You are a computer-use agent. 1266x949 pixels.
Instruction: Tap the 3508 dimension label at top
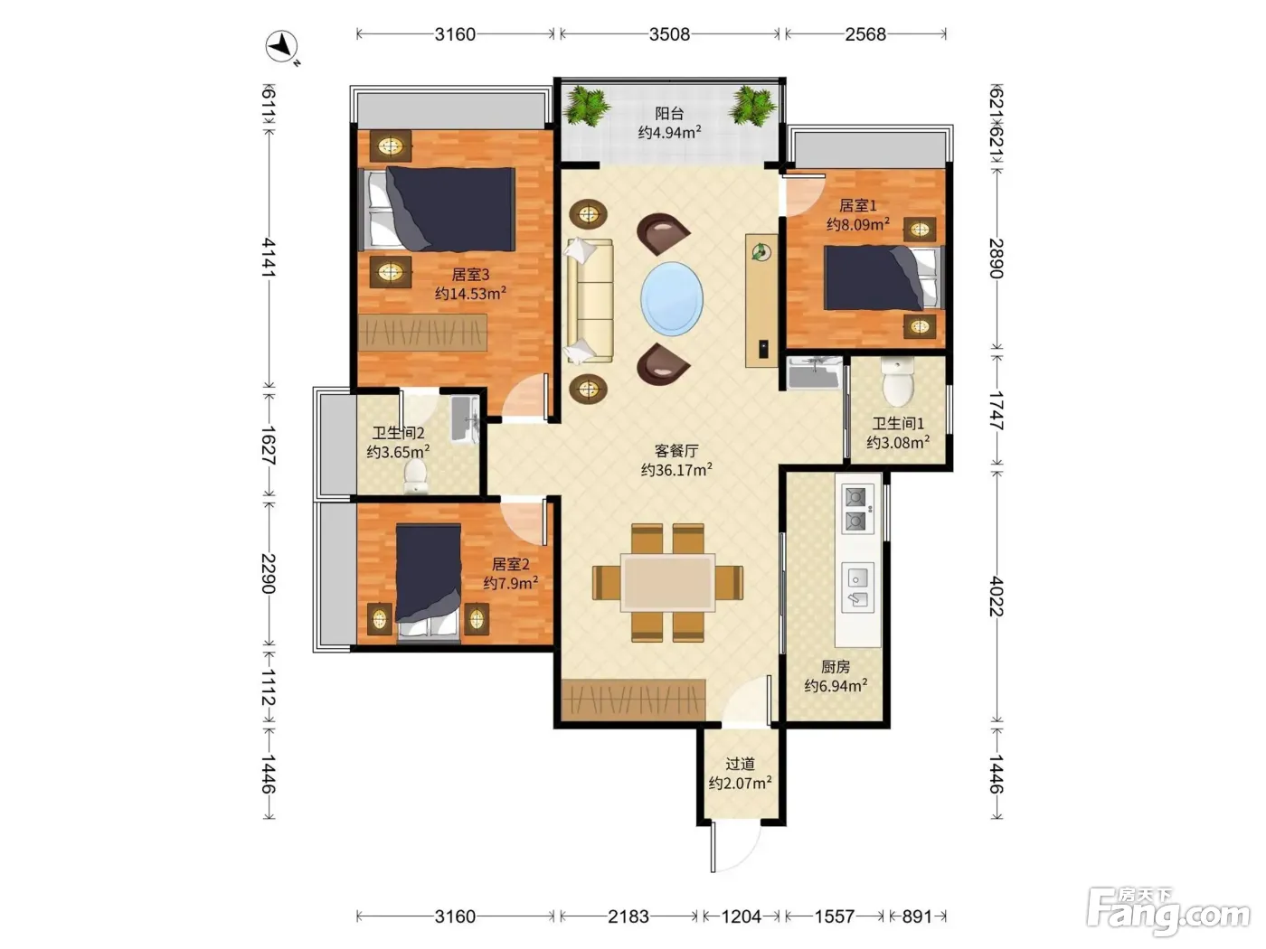[669, 34]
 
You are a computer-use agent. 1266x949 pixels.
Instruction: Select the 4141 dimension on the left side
[269, 258]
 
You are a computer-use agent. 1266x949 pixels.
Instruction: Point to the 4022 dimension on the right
[997, 596]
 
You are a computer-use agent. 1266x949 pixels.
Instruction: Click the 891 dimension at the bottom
[916, 916]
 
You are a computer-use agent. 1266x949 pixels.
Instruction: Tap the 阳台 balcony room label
[669, 113]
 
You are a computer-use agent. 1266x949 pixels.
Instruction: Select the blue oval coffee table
[671, 298]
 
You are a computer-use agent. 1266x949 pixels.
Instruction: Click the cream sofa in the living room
[590, 301]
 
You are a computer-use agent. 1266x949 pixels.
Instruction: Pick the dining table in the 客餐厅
[668, 583]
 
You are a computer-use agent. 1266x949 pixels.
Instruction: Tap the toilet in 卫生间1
[897, 381]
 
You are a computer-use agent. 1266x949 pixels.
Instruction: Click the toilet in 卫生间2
[415, 476]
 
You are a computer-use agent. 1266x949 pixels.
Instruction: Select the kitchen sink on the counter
[857, 587]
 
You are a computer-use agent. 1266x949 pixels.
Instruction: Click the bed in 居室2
[429, 583]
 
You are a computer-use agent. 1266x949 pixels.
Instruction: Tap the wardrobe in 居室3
[422, 333]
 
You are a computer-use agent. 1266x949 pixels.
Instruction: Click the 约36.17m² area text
[676, 470]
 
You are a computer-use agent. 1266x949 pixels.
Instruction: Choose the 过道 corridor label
[740, 764]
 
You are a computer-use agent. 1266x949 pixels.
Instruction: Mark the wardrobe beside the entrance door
[633, 700]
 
